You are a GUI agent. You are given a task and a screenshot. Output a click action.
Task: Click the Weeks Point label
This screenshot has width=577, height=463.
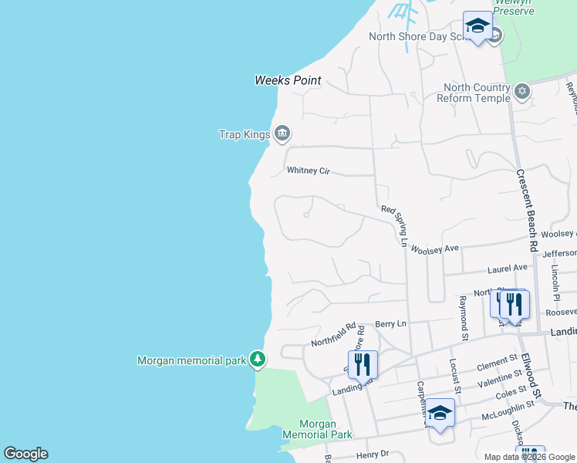[288, 80]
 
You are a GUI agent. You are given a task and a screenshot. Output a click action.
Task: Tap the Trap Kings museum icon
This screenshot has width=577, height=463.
[282, 134]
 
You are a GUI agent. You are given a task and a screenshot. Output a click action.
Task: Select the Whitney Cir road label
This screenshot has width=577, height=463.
[308, 171]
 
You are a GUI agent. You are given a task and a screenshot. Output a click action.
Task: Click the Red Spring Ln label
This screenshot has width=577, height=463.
[394, 226]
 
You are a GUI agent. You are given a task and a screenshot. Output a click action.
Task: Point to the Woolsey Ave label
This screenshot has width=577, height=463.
[435, 249]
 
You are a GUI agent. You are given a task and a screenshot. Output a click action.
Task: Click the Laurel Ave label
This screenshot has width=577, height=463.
[508, 268]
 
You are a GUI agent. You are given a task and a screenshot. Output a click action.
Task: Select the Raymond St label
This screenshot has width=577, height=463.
[464, 317]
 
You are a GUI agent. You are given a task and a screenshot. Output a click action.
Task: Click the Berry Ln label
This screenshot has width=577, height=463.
[390, 325]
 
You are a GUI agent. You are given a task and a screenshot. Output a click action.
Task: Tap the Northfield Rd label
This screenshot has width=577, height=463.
[332, 335]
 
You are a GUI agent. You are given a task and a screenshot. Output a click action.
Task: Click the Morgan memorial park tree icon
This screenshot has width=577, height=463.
[258, 360]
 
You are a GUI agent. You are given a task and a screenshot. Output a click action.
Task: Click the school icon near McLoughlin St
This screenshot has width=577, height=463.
[440, 414]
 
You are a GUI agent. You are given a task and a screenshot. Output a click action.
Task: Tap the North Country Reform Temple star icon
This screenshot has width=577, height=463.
[523, 92]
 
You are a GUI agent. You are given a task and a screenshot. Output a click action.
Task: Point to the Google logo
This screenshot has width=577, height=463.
[25, 454]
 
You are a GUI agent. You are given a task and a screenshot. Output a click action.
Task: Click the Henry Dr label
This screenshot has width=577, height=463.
[372, 455]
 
